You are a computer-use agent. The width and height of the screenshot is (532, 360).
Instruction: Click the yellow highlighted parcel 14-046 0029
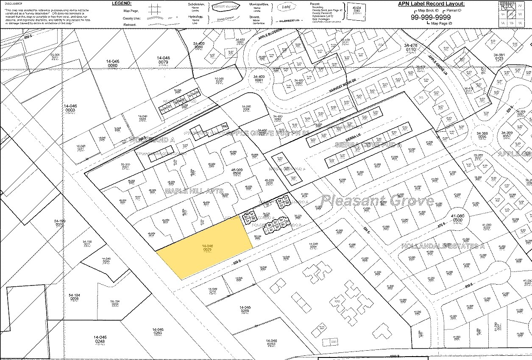tap(206, 248)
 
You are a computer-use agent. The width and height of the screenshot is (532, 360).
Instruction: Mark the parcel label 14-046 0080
tap(112, 64)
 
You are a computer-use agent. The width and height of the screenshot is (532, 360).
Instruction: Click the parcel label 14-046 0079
tap(163, 60)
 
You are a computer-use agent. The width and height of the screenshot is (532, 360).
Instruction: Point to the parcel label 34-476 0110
tap(411, 47)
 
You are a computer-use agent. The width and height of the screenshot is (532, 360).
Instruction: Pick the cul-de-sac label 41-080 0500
tap(457, 218)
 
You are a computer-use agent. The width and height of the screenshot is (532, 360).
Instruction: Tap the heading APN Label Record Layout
tap(431, 4)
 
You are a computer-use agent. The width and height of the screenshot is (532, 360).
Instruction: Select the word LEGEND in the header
tap(121, 3)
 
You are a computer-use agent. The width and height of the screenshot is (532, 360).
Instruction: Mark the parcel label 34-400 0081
tap(259, 78)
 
